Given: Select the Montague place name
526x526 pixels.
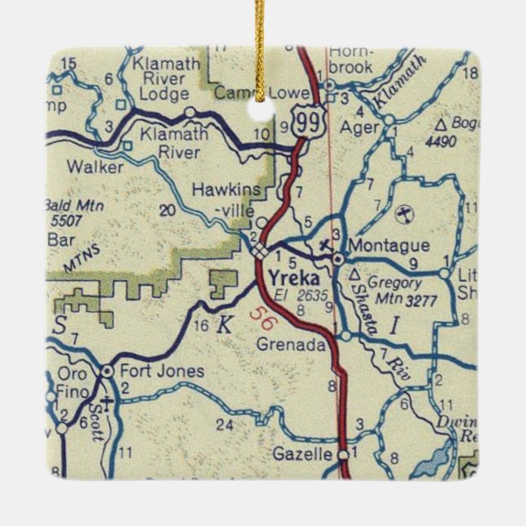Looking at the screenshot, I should [x=377, y=245].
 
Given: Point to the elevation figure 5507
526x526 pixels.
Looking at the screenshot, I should [x=71, y=220].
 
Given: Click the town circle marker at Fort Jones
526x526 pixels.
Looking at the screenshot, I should [x=107, y=372].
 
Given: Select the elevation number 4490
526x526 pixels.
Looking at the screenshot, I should [x=441, y=140].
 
